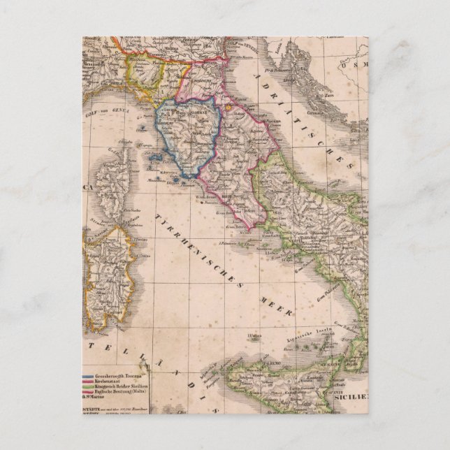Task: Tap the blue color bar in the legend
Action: [90, 377]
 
